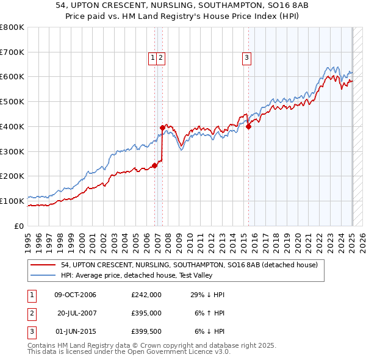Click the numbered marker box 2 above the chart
tap(160, 58)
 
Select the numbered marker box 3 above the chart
tap(246, 58)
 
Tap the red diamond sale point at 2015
tap(249, 127)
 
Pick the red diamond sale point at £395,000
tap(162, 128)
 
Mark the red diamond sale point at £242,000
tap(155, 165)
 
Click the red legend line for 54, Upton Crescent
tap(43, 265)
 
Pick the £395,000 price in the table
tap(146, 313)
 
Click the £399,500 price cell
tap(146, 331)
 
